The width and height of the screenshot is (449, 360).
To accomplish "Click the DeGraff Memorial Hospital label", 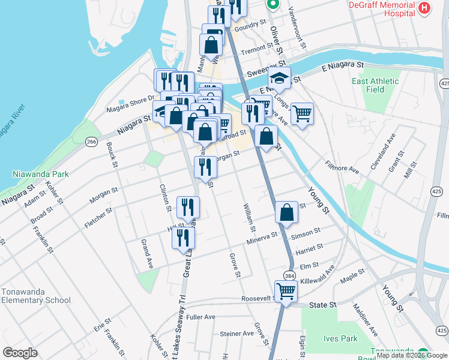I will pyautogui.click(x=382, y=8).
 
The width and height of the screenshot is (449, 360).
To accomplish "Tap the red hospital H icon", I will pyautogui.click(x=425, y=8).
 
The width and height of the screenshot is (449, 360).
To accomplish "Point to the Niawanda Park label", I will pyautogui.click(x=41, y=175).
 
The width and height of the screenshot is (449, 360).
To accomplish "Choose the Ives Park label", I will pyautogui.click(x=341, y=338).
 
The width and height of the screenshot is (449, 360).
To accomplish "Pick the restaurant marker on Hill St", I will pyautogui.click(x=183, y=236).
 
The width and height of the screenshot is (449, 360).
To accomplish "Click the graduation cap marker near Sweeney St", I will pyautogui.click(x=279, y=77).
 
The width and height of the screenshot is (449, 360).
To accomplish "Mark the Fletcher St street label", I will pyautogui.click(x=98, y=218).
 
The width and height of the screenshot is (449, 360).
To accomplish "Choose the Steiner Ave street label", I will pyautogui.click(x=237, y=334).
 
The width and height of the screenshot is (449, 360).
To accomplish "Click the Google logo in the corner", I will pyautogui.click(x=20, y=353).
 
